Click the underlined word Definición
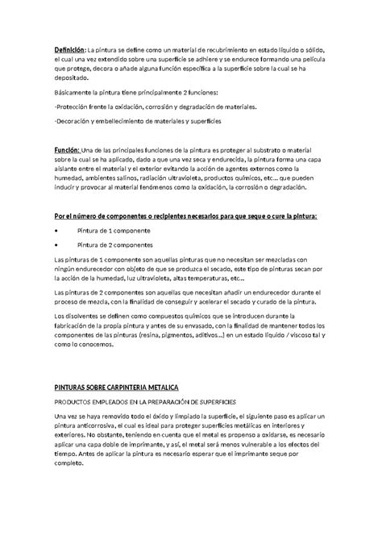pyautogui.click(x=69, y=49)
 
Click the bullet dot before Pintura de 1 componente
pyautogui.click(x=56, y=230)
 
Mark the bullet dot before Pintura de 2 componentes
pyautogui.click(x=56, y=243)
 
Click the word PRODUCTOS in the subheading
pyautogui.click(x=75, y=400)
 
